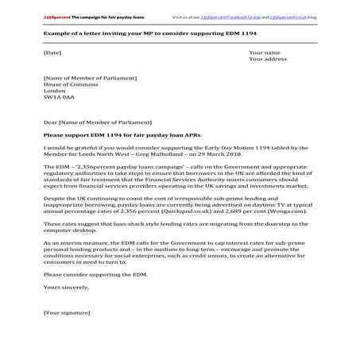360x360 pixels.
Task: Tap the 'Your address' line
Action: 268,60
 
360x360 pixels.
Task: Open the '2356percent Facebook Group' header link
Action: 236,16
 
